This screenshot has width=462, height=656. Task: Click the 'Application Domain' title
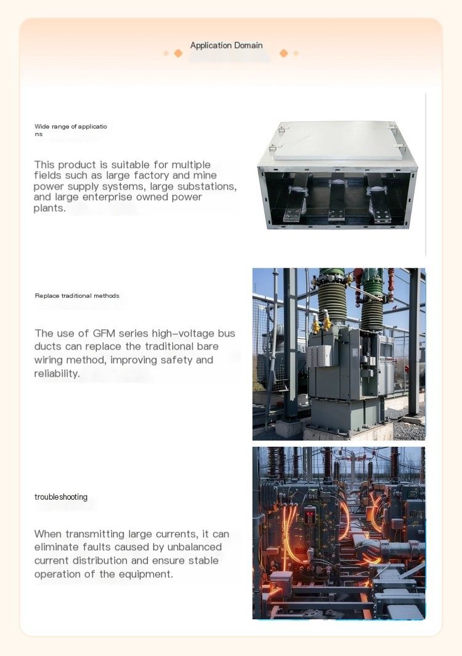[x=226, y=45]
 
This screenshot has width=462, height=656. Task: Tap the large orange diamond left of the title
[x=178, y=53]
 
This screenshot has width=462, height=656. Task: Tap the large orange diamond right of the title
[x=283, y=53]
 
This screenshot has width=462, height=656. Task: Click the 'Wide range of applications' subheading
[x=70, y=130]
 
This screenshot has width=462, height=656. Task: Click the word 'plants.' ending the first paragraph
[x=50, y=209]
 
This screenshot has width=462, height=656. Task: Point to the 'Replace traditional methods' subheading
[x=77, y=296]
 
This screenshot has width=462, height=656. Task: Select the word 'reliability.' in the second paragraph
[x=57, y=374]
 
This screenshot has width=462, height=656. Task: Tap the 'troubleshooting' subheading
[x=61, y=497]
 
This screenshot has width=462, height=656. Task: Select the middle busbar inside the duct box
[x=337, y=198]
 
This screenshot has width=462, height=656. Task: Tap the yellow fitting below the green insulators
[x=322, y=324]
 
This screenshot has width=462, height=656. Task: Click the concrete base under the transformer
[x=348, y=431]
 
